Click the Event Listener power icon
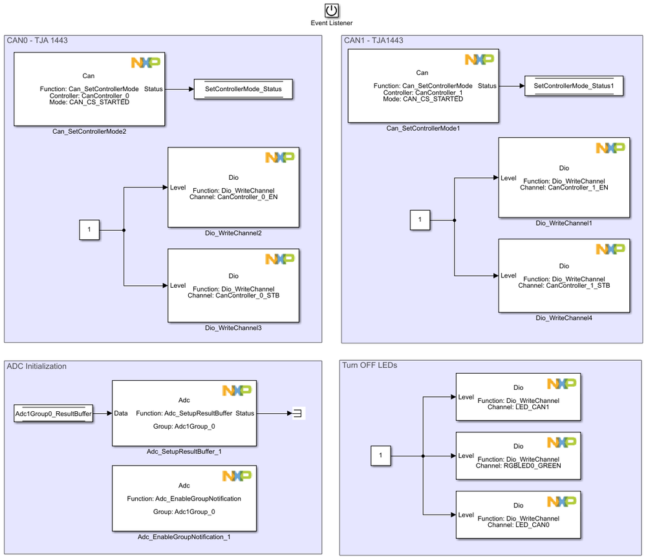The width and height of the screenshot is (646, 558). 331,10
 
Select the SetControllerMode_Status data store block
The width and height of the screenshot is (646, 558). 243,89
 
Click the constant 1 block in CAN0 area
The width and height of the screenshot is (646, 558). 89,230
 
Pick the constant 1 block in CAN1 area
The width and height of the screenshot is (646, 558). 420,220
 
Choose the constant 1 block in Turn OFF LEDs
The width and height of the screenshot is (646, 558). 380,456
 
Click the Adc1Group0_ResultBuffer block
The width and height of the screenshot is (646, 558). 53,413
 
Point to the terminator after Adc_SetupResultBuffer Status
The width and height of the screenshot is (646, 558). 298,413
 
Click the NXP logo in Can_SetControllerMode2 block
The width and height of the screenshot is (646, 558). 145,63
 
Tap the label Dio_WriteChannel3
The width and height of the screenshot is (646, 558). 233,328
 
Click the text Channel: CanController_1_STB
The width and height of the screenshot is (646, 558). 564,285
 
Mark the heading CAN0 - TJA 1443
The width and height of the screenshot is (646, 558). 38,40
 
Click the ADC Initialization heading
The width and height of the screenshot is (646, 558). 37,366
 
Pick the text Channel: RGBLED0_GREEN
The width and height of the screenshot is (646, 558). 518,466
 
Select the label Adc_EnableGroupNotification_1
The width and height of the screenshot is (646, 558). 184,537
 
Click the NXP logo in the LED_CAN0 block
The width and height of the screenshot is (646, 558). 561,502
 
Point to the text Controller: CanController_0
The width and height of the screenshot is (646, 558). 89,96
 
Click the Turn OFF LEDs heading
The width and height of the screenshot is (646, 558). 369,365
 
